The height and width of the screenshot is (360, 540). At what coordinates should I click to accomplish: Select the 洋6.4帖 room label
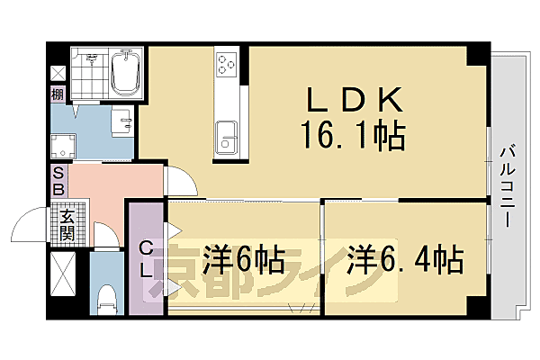click(x=406, y=262)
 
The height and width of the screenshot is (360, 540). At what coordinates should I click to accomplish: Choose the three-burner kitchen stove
click(x=225, y=65)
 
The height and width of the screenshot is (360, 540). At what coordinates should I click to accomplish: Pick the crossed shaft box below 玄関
click(x=65, y=274)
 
